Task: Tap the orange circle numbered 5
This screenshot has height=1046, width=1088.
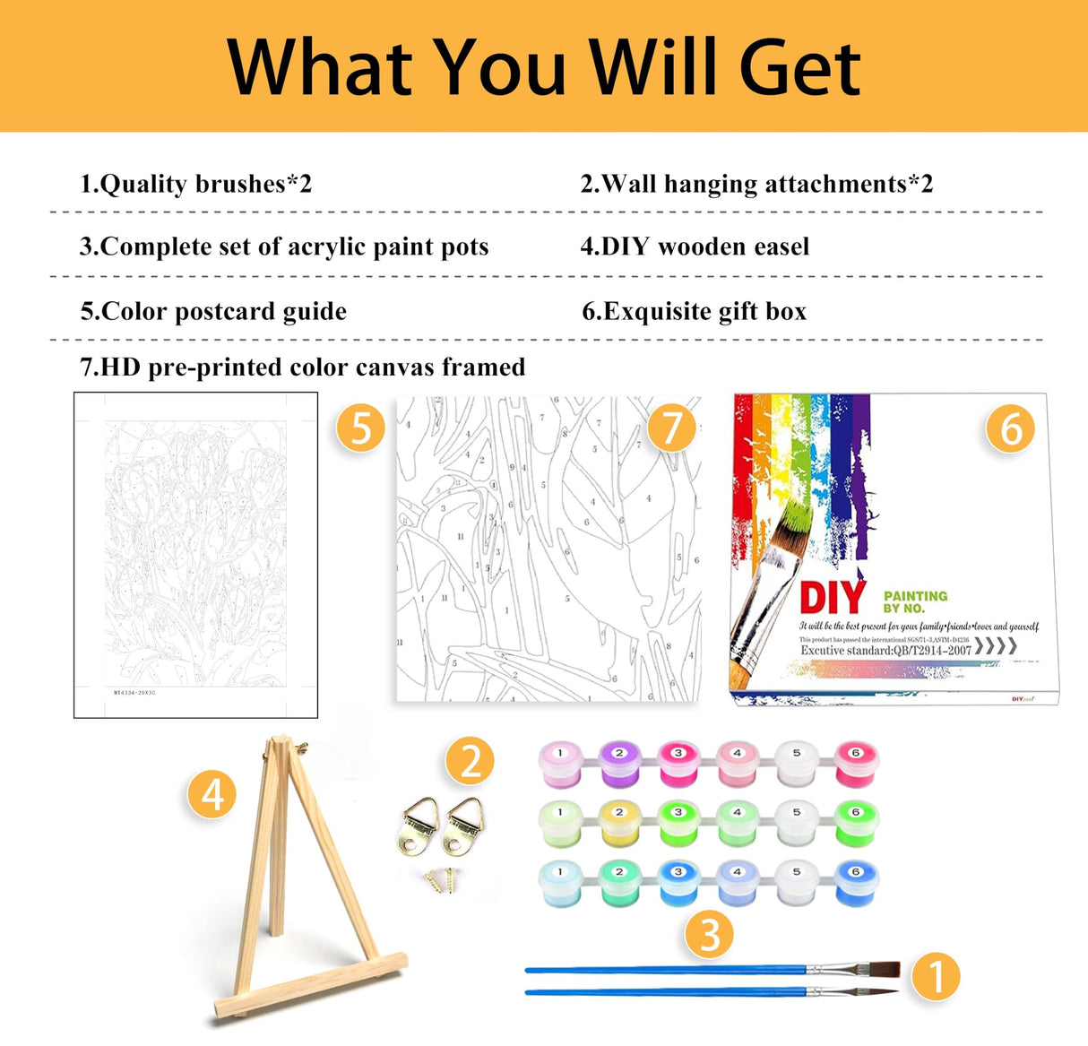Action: click(360, 428)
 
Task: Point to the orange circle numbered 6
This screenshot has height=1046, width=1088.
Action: click(1010, 428)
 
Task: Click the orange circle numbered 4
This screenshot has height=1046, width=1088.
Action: click(212, 794)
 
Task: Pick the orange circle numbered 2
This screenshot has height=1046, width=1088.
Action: click(470, 761)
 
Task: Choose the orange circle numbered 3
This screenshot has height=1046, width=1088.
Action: click(709, 934)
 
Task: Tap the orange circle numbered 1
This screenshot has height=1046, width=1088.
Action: click(936, 976)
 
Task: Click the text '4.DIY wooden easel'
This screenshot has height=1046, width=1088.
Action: click(695, 246)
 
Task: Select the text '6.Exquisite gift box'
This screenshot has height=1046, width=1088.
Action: click(694, 311)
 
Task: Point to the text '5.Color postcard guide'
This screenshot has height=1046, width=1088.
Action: click(213, 311)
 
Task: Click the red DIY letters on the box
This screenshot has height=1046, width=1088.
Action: click(833, 598)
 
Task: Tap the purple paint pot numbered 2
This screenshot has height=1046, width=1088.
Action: click(618, 764)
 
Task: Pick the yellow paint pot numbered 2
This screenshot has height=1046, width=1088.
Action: click(618, 823)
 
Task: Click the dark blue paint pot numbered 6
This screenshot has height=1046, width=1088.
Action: click(856, 883)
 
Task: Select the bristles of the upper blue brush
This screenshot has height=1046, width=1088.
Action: click(885, 969)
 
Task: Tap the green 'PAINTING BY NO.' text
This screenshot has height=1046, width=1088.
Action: click(914, 601)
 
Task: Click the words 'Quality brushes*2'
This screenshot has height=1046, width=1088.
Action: click(206, 184)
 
